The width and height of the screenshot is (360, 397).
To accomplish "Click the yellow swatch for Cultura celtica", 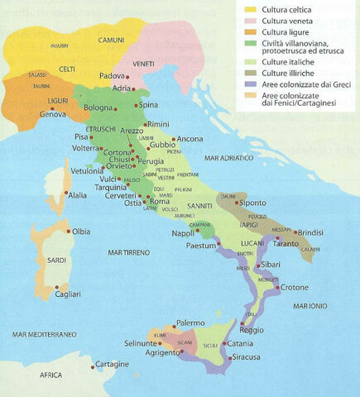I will pos(250,10).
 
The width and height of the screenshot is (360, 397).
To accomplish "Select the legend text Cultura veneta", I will pos(291,22).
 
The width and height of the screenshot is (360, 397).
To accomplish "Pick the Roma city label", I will pos(160,202).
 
